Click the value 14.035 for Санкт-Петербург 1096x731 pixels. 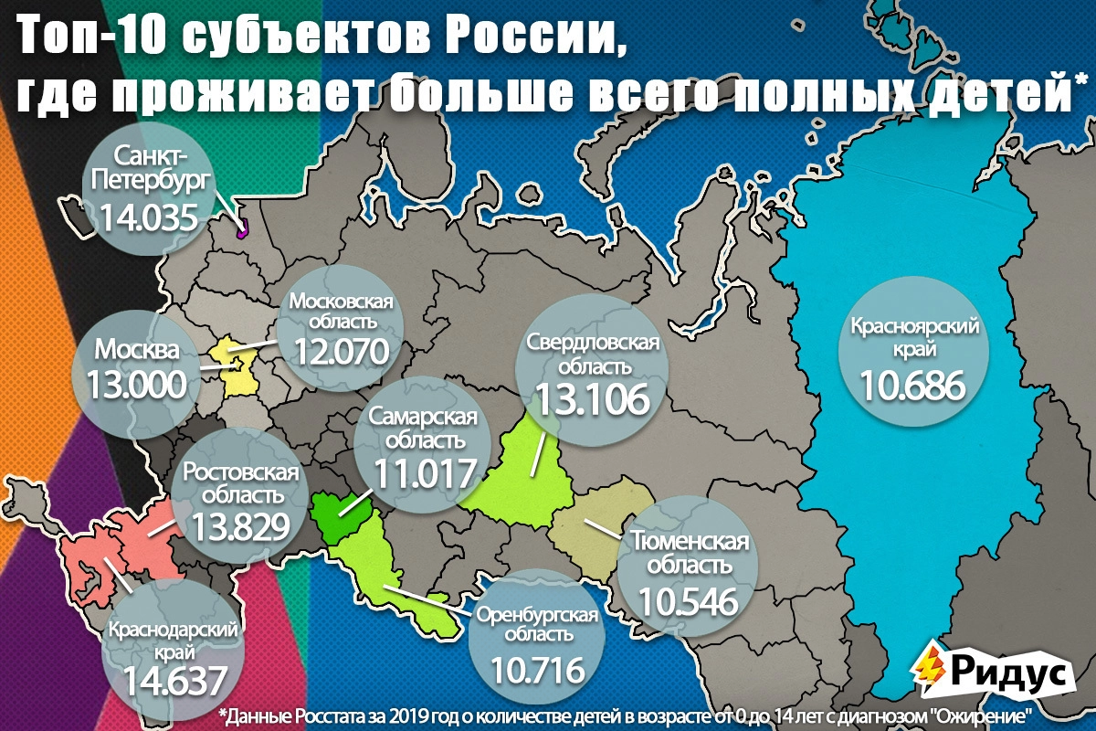click(149, 217)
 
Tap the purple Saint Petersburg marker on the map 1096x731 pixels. click(243, 230)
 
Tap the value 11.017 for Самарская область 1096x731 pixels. click(424, 473)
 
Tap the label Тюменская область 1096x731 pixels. click(690, 553)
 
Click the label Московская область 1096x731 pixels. click(342, 312)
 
